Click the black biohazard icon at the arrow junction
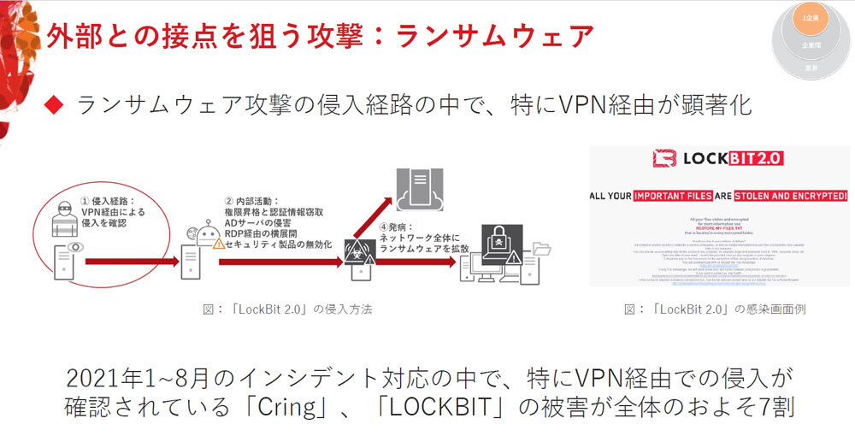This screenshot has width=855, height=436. point(357,250)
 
